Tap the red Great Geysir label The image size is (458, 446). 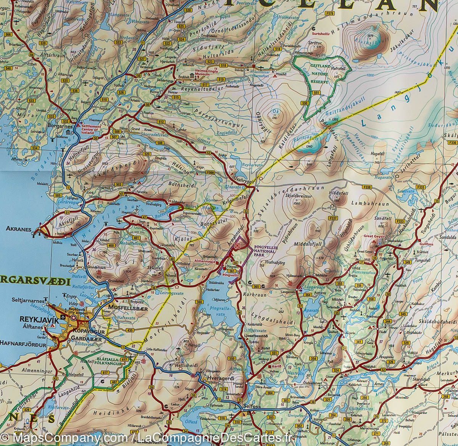tap(373, 236)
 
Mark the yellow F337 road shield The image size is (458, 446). tap(333, 218)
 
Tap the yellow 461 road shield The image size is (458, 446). tap(136, 238)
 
